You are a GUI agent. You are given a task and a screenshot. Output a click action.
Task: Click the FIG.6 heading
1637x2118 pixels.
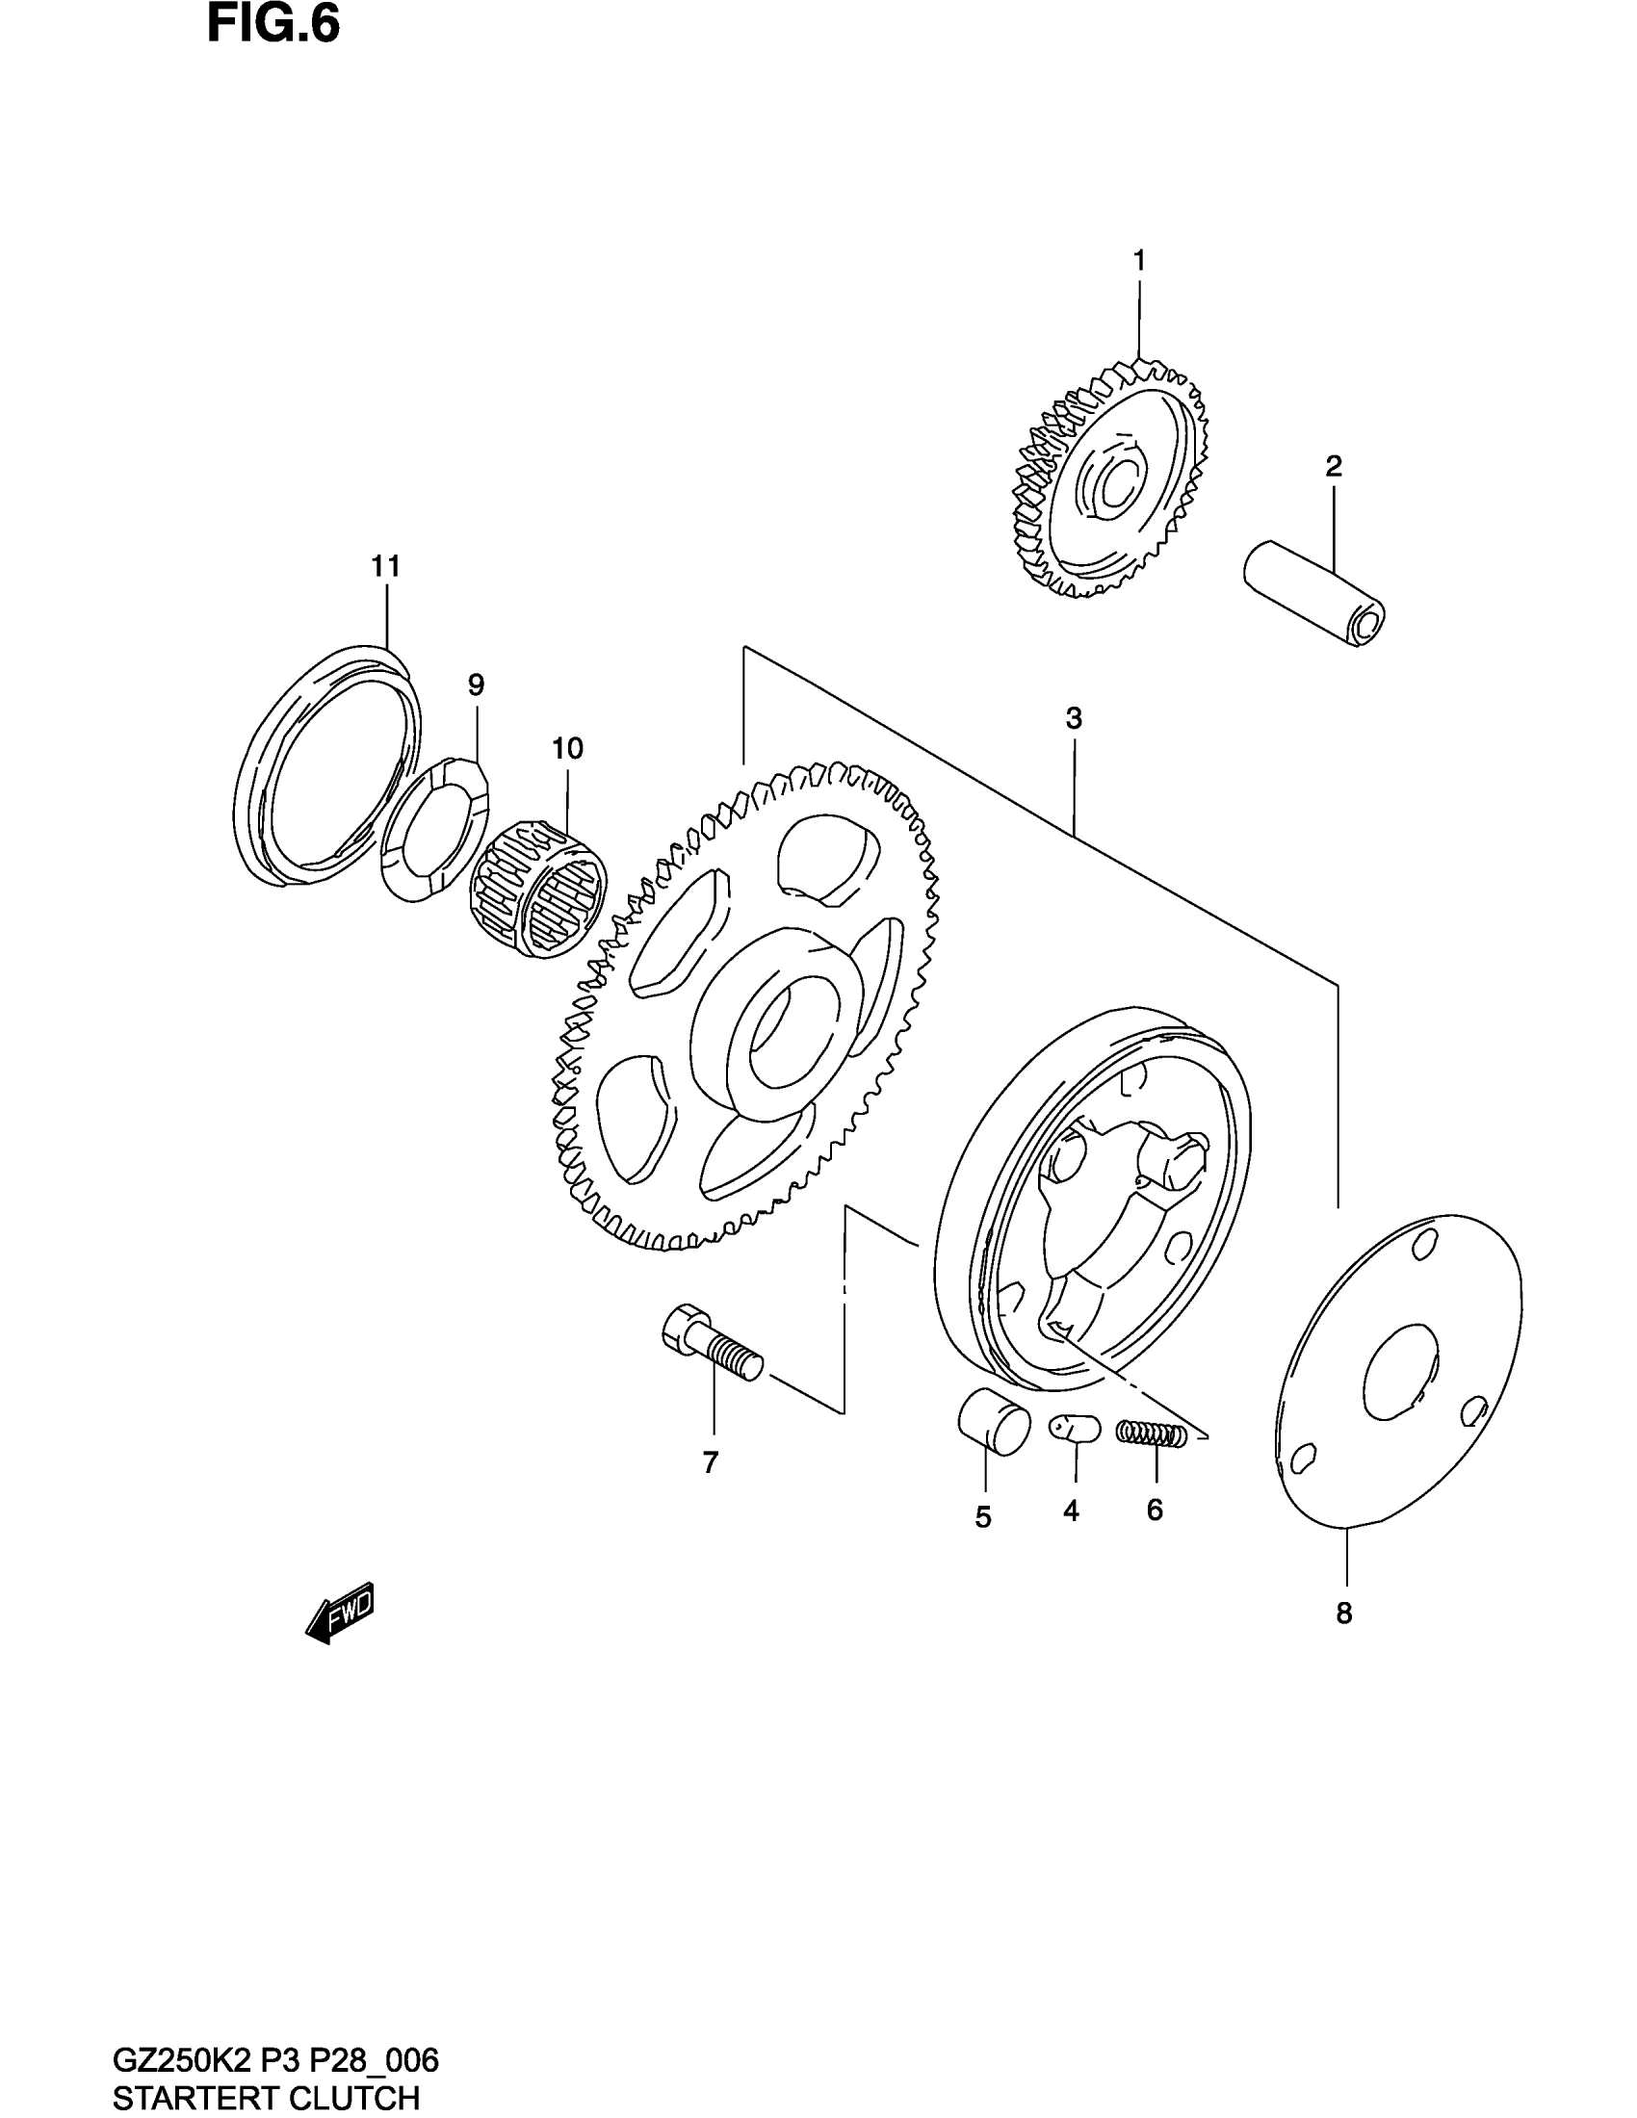pyautogui.click(x=273, y=25)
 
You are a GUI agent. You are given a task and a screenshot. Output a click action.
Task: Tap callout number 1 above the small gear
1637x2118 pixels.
pyautogui.click(x=1139, y=260)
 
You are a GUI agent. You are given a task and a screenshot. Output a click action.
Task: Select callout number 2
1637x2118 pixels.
pyautogui.click(x=1334, y=467)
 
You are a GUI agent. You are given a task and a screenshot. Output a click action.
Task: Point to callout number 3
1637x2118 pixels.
pyautogui.click(x=1073, y=718)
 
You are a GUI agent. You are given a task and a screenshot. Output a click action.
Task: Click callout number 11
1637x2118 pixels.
pyautogui.click(x=386, y=566)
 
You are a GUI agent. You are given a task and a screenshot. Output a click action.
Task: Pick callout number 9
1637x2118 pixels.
pyautogui.click(x=475, y=685)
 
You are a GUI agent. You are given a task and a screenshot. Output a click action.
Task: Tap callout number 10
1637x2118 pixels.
pyautogui.click(x=567, y=749)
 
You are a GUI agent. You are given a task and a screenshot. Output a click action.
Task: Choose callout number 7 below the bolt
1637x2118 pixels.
pyautogui.click(x=711, y=1463)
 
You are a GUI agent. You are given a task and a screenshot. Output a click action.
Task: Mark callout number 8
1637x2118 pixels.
pyautogui.click(x=1343, y=1614)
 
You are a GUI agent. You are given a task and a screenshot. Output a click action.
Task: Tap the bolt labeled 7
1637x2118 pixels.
pyautogui.click(x=712, y=1343)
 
